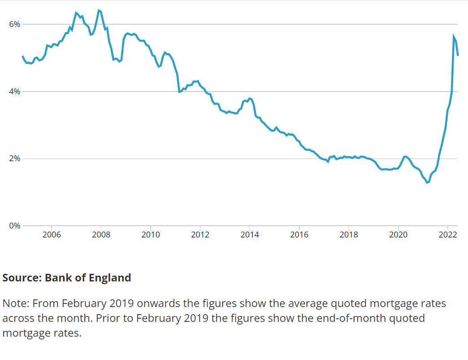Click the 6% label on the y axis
15,24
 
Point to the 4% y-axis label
15,92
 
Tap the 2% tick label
15,159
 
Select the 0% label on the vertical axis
15,226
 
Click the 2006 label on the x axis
52,235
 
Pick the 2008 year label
101,235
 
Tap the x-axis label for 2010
151,235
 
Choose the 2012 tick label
200,235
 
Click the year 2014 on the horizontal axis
250,235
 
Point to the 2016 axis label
299,235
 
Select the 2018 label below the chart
349,235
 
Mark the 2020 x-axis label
398,235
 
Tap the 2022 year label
447,235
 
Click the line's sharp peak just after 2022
454,36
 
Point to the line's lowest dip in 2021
427,182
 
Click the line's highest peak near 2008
99,10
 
